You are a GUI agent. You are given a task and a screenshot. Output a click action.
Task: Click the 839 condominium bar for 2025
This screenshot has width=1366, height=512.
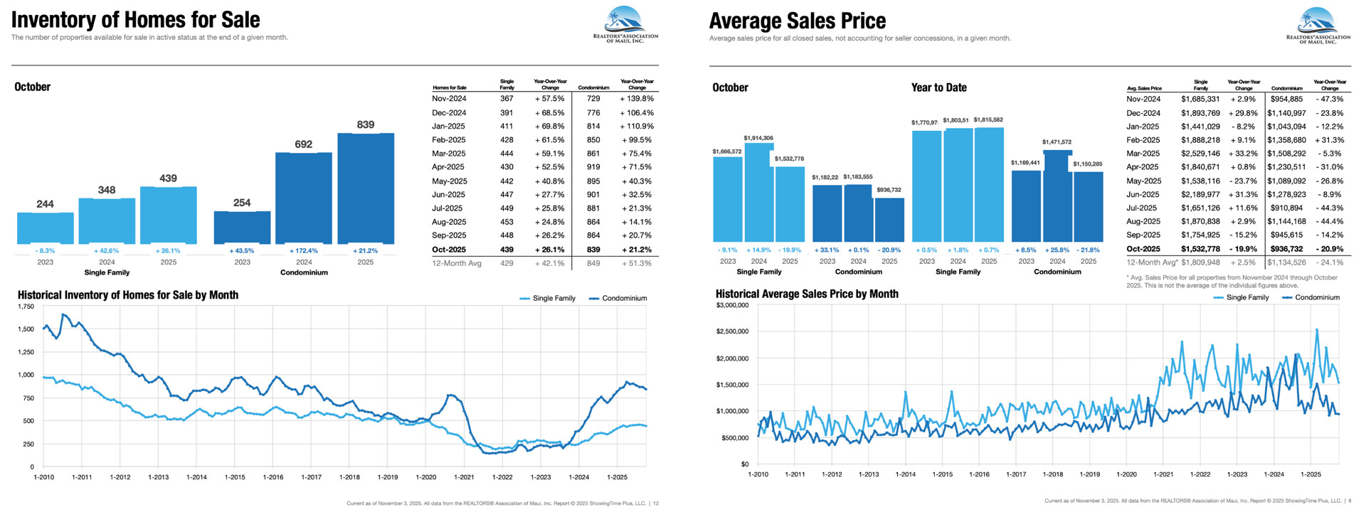[365, 188]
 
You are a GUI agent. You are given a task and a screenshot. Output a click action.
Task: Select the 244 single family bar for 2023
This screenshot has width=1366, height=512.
[45, 228]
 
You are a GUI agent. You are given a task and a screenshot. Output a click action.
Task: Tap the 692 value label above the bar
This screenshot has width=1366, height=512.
[303, 144]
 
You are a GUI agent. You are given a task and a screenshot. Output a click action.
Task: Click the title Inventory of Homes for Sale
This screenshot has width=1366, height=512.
[135, 19]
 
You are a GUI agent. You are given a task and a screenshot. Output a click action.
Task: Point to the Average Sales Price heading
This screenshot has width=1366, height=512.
[797, 21]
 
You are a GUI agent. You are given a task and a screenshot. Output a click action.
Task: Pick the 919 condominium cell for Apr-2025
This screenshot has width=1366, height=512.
[593, 167]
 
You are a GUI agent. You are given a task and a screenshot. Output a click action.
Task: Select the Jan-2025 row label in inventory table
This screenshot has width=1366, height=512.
[448, 126]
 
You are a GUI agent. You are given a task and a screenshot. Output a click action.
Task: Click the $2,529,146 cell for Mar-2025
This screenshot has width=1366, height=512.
[1200, 154]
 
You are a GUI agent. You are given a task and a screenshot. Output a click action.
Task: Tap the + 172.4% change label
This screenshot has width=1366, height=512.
[304, 250]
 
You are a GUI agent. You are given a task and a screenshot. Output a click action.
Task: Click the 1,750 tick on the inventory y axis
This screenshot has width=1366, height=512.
[26, 306]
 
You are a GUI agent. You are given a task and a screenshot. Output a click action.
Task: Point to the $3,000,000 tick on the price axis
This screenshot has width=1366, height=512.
[732, 305]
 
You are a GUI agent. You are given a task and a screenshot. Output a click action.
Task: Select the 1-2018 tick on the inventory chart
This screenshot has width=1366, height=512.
[349, 477]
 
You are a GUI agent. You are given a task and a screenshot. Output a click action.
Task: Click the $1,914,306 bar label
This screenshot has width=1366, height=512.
[758, 138]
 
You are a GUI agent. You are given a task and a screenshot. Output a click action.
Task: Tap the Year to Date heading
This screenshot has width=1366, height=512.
[938, 87]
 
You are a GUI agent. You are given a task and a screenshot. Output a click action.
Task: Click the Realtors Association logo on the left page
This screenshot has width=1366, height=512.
[625, 25]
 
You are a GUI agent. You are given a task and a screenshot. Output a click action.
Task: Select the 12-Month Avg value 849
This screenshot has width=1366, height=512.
[593, 263]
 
